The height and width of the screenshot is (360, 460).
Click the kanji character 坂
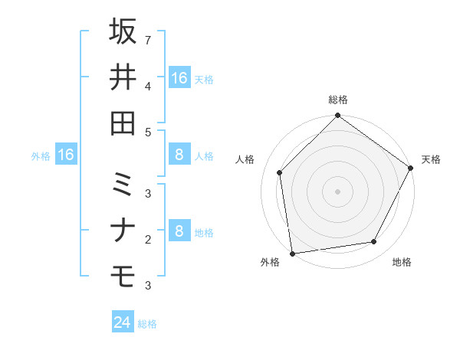pos(123,31)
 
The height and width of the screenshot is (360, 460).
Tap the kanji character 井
pos(123,77)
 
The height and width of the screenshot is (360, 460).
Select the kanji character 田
pos(123,123)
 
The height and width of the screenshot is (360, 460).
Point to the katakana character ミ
pos(123,185)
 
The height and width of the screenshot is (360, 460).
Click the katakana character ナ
pos(123,231)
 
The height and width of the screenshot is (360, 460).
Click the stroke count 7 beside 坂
pos(148,39)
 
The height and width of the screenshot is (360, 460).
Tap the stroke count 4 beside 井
pos(148,85)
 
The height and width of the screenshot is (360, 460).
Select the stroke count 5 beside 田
pos(148,132)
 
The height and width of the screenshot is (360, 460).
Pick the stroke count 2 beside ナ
pos(148,240)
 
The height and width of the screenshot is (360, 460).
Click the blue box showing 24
pos(123,322)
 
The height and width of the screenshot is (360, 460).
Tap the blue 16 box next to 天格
pos(179,77)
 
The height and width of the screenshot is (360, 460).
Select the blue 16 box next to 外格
pos(65,155)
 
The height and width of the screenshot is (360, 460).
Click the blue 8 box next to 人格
pos(179,155)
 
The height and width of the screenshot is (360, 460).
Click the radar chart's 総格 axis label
pos(338,100)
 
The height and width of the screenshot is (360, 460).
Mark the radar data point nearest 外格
pos(292,253)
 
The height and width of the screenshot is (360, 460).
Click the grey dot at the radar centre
pos(337,191)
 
